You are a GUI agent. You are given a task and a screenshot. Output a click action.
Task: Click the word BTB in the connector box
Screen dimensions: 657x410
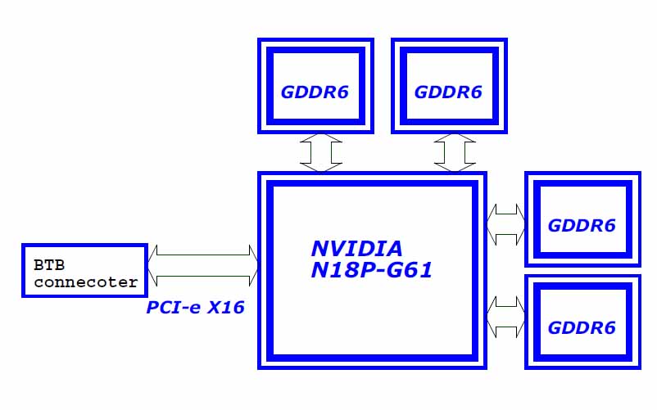49,265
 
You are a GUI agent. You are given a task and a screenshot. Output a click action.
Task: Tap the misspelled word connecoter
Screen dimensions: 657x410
86,282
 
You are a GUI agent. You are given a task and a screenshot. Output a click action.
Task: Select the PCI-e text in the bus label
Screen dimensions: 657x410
174,308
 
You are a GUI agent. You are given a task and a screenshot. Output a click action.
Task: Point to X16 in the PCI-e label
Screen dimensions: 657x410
226,308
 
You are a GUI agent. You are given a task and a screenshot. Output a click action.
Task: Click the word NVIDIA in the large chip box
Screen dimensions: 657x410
357,249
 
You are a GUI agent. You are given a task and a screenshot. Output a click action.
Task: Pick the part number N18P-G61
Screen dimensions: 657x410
372,270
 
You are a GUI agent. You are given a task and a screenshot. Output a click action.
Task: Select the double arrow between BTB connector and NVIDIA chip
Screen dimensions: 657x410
203,266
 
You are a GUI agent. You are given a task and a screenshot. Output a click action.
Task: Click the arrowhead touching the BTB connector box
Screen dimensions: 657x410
152,266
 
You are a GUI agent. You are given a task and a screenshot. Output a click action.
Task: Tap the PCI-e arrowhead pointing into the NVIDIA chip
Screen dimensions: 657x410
254,266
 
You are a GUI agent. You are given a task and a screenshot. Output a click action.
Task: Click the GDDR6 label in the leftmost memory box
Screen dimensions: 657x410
315,92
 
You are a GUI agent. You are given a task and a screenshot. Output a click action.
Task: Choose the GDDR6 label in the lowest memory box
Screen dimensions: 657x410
582,327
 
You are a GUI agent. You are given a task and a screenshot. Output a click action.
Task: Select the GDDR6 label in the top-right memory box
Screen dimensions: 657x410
448,92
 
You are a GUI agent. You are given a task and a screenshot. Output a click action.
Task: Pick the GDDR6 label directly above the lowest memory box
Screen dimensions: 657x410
582,226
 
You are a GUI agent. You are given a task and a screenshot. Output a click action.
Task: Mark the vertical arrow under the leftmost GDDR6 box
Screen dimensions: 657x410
321,153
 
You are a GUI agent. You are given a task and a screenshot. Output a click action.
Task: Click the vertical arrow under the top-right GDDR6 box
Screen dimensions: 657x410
455,153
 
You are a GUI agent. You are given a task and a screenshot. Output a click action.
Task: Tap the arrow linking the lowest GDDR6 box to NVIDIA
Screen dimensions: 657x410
505,317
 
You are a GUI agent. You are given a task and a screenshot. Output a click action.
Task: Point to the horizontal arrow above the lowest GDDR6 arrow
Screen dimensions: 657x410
505,224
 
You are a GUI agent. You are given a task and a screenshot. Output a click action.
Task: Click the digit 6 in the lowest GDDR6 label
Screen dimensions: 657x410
609,327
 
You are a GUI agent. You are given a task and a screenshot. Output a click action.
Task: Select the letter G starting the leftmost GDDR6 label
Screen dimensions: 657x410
288,92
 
